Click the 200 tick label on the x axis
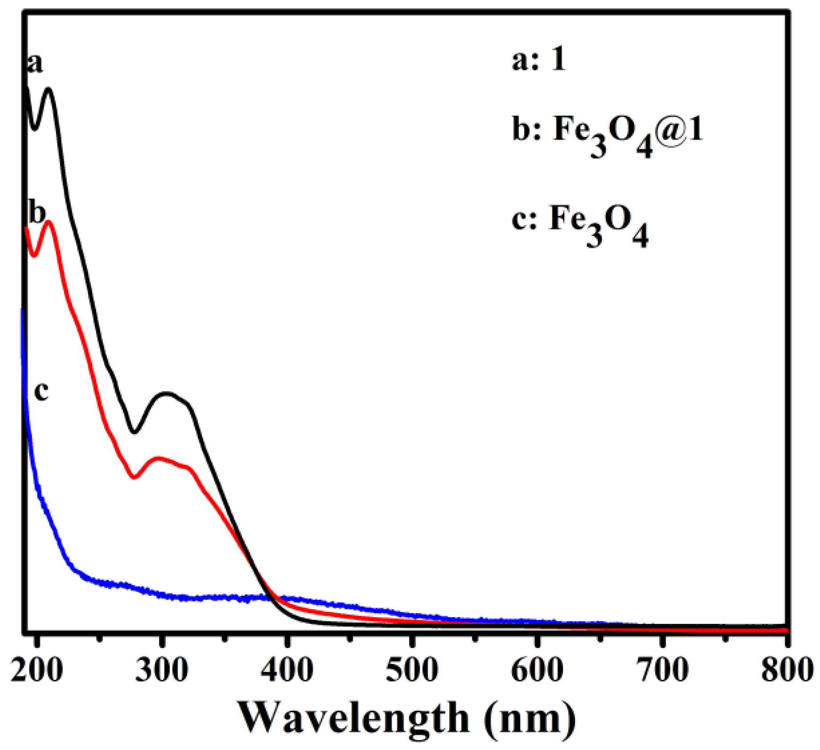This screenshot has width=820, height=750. click(x=37, y=670)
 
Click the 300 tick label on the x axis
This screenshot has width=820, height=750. click(x=162, y=670)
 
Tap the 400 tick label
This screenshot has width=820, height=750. click(x=287, y=670)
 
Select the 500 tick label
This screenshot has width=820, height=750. click(x=412, y=670)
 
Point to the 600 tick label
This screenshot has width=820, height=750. click(x=538, y=670)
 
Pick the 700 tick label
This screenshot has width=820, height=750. click(x=663, y=670)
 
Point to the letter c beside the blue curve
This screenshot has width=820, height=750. click(x=41, y=391)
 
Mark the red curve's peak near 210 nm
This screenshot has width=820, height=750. click(x=49, y=221)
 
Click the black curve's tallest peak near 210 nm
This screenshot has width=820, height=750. click(x=48, y=89)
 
